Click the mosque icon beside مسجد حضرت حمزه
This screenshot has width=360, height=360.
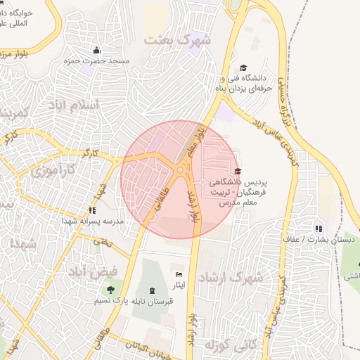pyautogui.click(x=96, y=51)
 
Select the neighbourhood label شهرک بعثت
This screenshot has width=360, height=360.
pyautogui.click(x=177, y=39)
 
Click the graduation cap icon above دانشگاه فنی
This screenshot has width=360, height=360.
pyautogui.click(x=243, y=68)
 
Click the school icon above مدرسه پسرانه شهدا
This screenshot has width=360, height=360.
pyautogui.click(x=92, y=210)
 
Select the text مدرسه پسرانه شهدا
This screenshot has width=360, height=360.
pyautogui.click(x=93, y=221)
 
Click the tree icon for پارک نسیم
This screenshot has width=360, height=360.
pyautogui.click(x=109, y=290)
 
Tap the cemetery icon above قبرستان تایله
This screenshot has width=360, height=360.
pyautogui.click(x=153, y=290)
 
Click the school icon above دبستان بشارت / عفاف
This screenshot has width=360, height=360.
pyautogui.click(x=319, y=229)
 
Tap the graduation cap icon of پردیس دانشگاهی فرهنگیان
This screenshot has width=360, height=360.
pyautogui.click(x=238, y=172)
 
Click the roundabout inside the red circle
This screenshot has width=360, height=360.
pyautogui.click(x=182, y=169)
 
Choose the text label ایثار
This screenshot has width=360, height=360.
pyautogui.click(x=179, y=285)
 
